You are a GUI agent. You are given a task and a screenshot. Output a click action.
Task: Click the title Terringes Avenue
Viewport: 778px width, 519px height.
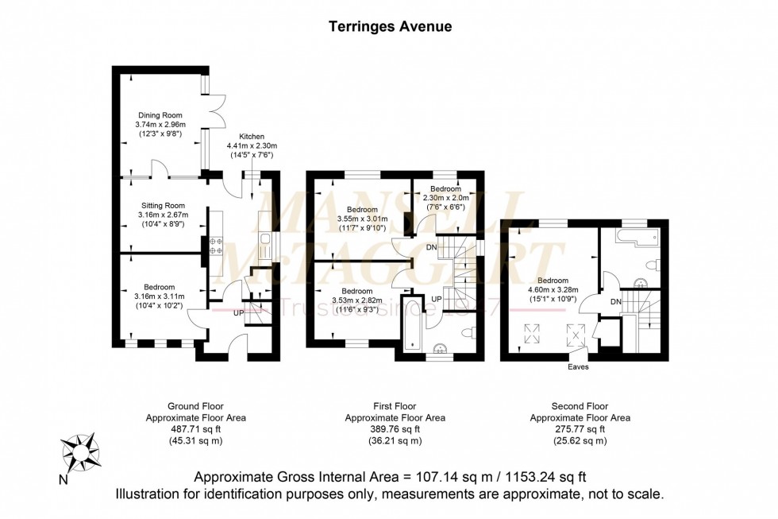click(390, 26)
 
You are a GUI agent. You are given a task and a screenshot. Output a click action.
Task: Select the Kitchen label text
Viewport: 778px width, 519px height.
click(245, 137)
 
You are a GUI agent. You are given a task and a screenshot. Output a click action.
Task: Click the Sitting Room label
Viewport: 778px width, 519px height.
click(158, 204)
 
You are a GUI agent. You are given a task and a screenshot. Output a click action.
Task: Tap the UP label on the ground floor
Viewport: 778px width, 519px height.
click(238, 313)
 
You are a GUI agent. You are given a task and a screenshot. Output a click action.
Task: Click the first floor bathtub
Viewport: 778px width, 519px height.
click(413, 325)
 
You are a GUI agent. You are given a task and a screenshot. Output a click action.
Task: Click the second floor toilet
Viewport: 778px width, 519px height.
click(651, 265)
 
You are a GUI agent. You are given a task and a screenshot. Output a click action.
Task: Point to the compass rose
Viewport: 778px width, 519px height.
click(80, 452)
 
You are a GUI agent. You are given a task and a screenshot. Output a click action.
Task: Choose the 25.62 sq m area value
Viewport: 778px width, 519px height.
click(580, 440)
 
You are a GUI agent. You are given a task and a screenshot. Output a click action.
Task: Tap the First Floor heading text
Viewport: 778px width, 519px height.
click(395, 406)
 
